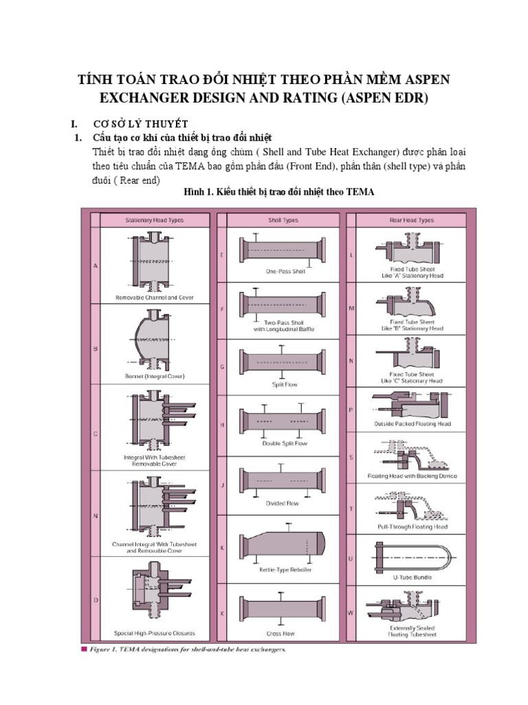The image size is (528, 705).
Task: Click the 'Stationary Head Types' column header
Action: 155,220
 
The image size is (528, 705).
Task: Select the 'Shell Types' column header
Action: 283,220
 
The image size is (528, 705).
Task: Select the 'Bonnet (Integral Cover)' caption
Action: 155,376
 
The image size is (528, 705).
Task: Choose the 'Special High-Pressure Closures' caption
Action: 155,633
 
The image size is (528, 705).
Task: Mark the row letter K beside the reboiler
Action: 222,548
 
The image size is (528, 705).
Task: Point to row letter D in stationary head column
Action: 96,600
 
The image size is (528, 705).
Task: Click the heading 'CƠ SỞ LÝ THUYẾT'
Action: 140,124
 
